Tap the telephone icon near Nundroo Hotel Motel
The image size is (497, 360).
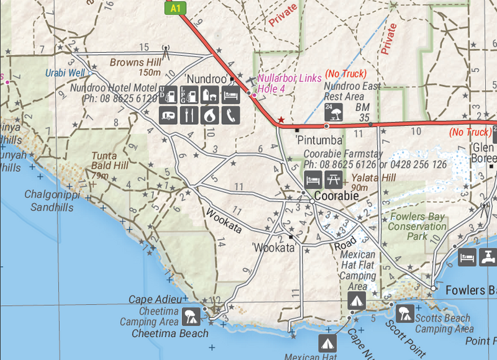coord(230,115)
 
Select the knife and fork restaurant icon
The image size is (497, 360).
coord(190,115)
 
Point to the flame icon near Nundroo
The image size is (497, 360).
coord(211,115)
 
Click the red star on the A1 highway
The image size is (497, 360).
coord(281,119)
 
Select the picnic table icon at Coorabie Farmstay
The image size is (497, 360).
coord(333,180)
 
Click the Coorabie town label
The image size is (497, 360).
coord(337,196)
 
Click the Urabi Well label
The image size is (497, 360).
coord(65,73)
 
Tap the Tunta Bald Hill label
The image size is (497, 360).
coord(110,161)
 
